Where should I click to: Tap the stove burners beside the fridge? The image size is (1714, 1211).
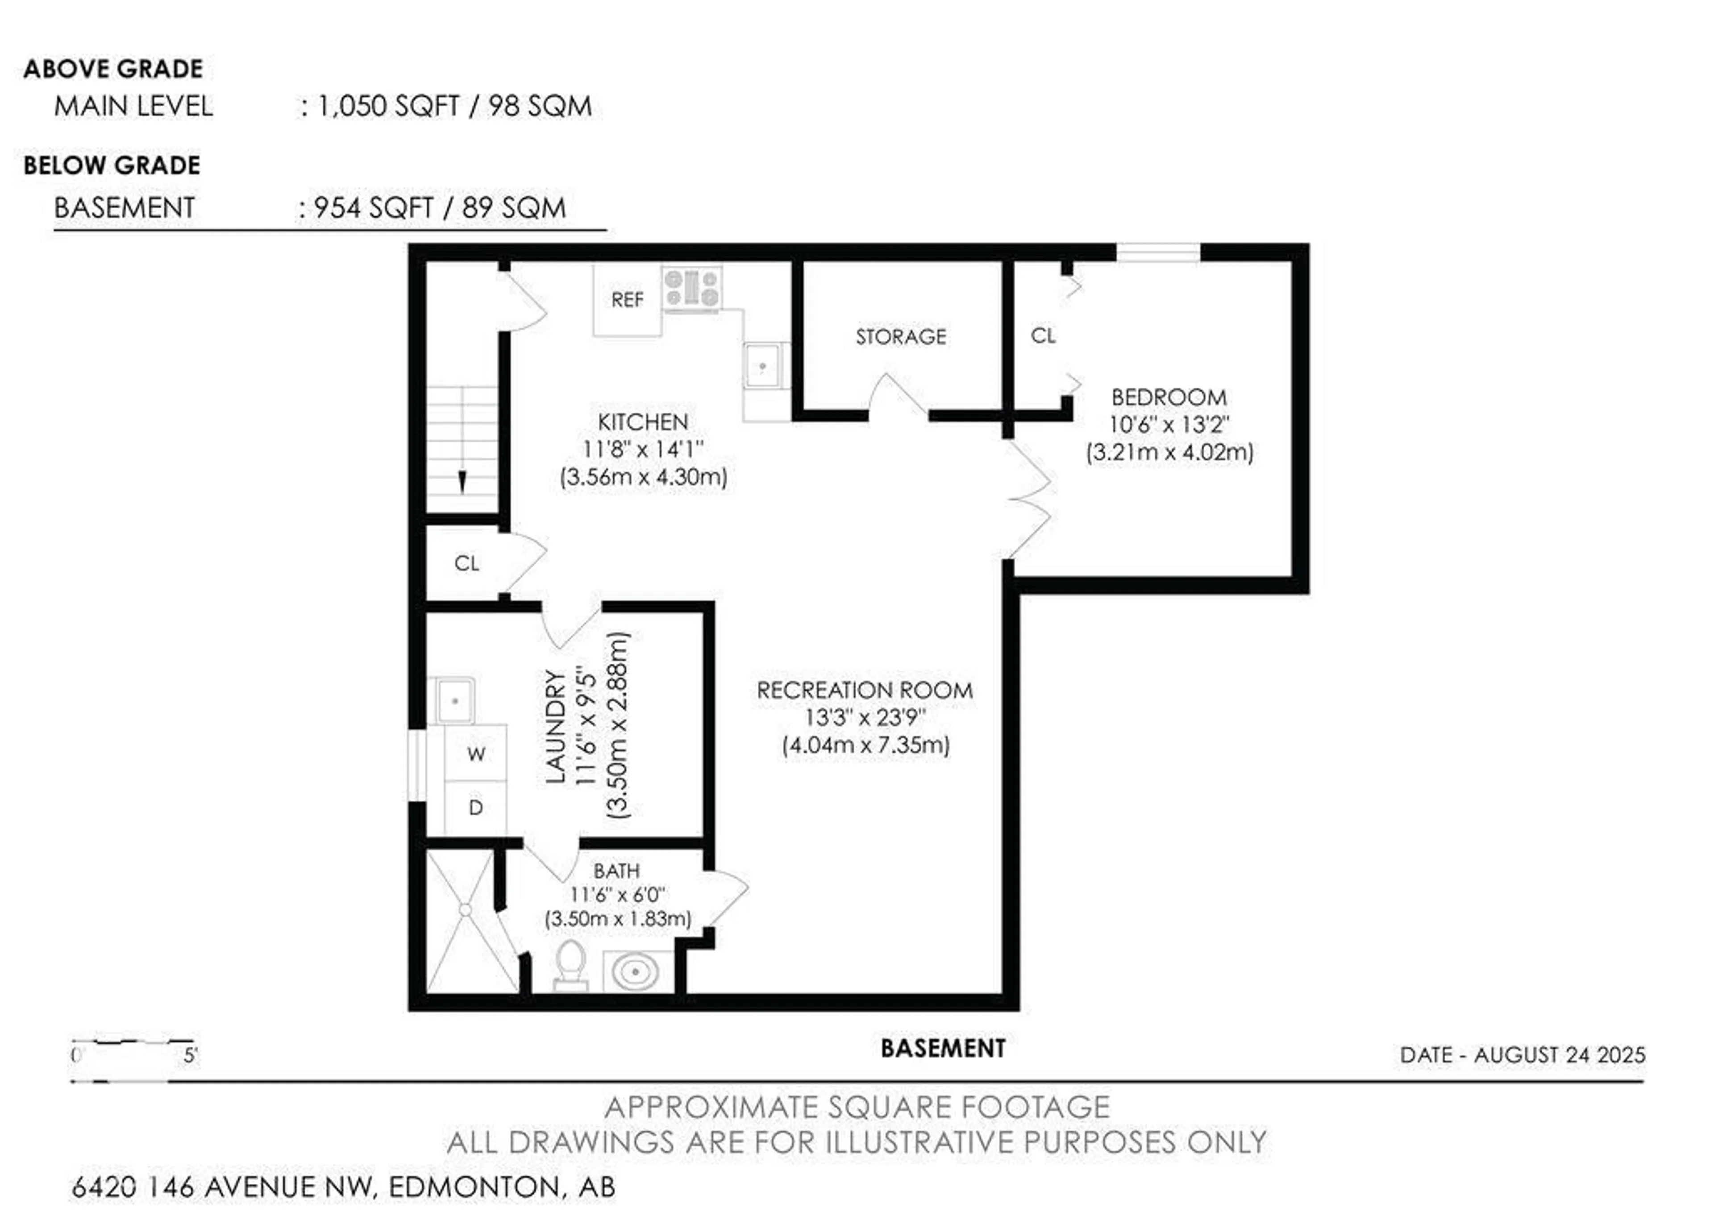click(x=692, y=289)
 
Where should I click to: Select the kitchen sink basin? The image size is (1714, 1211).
click(x=763, y=366)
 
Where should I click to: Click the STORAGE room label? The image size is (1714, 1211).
click(x=901, y=336)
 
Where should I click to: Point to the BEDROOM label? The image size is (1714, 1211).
click(x=1169, y=397)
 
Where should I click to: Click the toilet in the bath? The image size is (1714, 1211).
click(x=570, y=966)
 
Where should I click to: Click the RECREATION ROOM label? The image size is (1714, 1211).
click(x=865, y=690)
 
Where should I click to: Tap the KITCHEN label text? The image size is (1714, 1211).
click(x=643, y=422)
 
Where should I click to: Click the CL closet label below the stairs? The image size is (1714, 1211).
click(x=466, y=563)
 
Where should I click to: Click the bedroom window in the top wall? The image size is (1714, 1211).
click(x=1159, y=252)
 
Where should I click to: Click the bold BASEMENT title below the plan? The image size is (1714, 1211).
click(x=943, y=1048)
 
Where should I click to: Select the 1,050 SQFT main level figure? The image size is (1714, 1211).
click(x=388, y=106)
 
